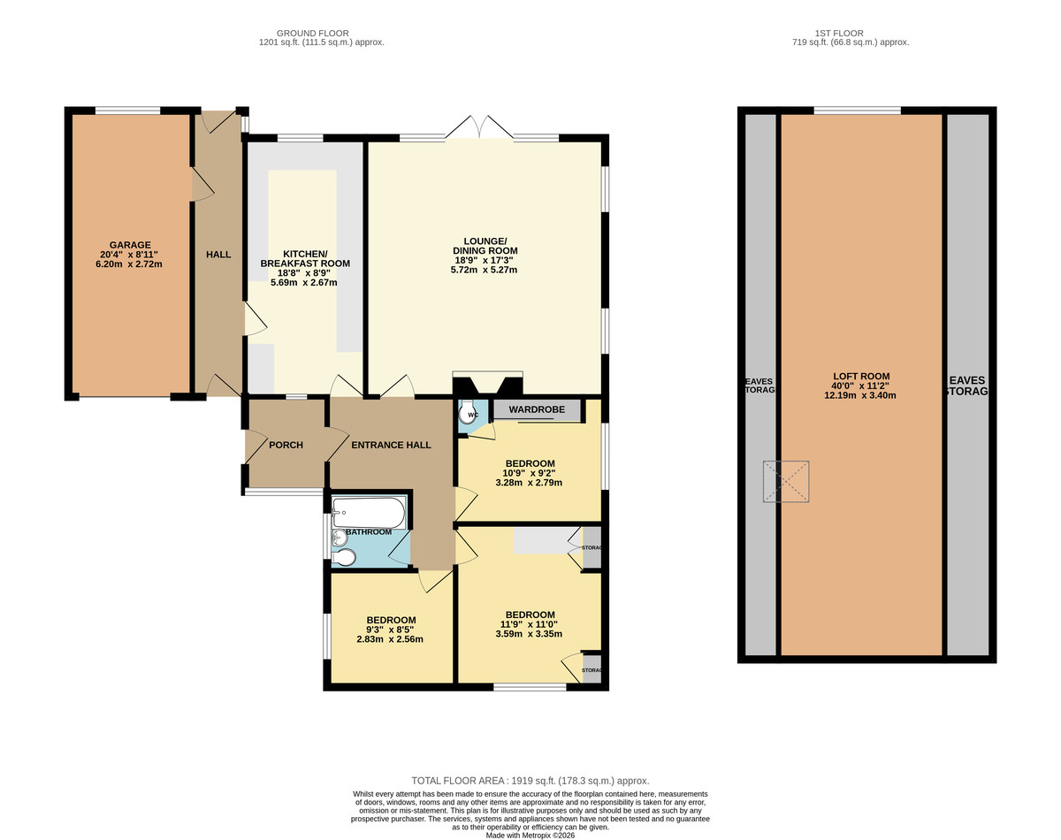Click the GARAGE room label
click(x=130, y=245)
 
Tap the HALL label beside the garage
click(x=218, y=255)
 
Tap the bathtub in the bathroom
click(x=369, y=511)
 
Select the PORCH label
click(x=286, y=445)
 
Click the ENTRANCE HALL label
click(x=391, y=445)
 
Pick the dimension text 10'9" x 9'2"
click(x=530, y=473)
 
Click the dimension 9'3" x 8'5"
click(x=390, y=630)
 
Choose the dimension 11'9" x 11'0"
click(x=530, y=624)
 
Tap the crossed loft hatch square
click(x=787, y=481)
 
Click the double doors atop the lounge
click(x=478, y=128)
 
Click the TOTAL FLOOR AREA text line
click(x=530, y=781)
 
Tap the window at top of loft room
click(x=857, y=111)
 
